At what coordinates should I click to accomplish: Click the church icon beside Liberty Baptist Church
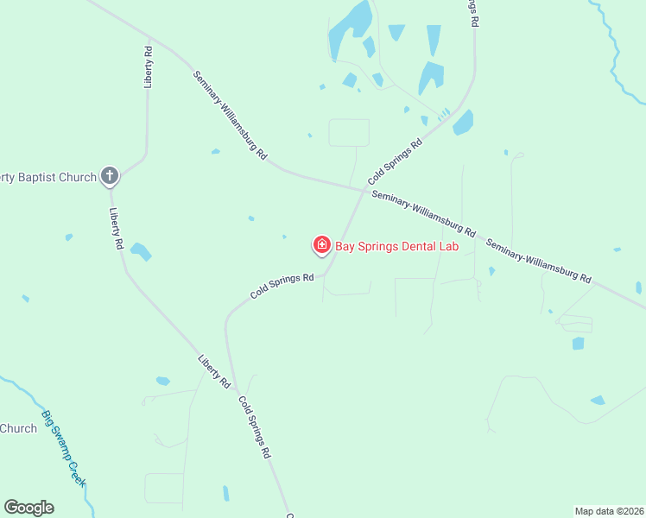[109, 176]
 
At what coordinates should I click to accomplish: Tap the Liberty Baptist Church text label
[47, 177]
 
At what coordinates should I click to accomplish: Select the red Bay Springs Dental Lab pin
[322, 245]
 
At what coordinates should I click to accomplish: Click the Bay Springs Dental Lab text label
[396, 246]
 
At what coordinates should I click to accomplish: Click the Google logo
[28, 508]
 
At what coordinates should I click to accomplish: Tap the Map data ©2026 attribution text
[609, 511]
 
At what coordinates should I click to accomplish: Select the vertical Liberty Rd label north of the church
[149, 66]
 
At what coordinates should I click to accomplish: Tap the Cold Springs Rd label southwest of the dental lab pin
[282, 286]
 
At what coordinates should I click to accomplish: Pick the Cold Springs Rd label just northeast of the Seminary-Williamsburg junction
[394, 161]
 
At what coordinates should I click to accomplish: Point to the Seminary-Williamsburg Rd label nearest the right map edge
[538, 262]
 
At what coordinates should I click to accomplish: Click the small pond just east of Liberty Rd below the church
[140, 252]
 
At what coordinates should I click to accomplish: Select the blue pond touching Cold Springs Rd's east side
[464, 123]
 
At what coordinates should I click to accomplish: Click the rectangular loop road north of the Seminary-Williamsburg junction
[349, 132]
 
